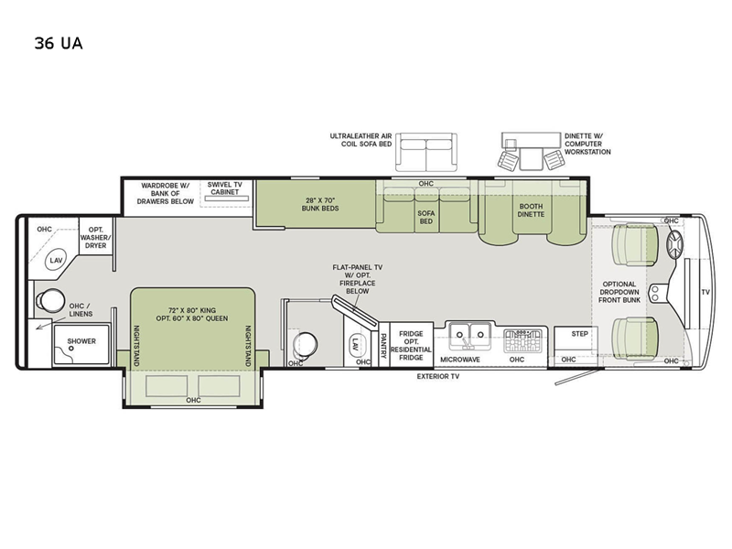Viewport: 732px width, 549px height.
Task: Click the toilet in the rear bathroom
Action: pos(50,299)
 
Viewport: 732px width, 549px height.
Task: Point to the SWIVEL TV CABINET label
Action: pos(224,188)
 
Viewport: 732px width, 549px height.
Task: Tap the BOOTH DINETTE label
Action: pos(530,210)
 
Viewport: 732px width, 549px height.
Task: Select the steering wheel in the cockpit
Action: pos(676,244)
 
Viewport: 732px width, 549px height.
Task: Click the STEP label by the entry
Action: pos(579,334)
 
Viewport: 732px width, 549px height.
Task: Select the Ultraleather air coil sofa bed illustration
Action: pos(425,152)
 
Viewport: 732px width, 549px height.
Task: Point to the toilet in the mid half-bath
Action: pos(302,345)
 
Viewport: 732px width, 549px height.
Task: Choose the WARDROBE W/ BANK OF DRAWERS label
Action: pos(167,193)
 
